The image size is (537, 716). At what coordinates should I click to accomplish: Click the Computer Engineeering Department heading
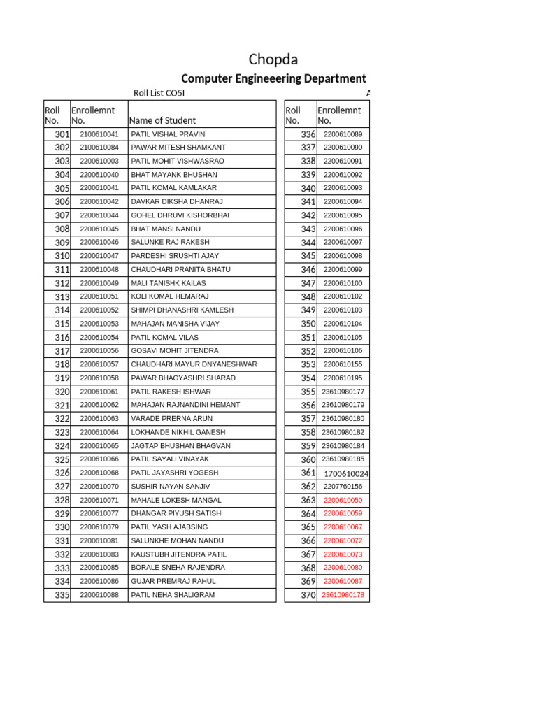point(273,79)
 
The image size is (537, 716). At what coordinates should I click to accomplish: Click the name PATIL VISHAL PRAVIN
point(168,134)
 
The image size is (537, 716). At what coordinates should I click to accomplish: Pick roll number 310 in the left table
point(62,256)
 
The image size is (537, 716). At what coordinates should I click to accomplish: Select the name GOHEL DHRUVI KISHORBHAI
point(180,215)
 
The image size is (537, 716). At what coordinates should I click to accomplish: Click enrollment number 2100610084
point(99,148)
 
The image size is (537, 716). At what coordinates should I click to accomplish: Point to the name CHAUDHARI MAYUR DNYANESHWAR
point(194,364)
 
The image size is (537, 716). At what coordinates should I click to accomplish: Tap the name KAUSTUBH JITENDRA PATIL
point(179,554)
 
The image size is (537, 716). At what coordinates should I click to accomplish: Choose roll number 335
point(62,595)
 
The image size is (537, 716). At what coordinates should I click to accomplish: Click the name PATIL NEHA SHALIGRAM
point(173,595)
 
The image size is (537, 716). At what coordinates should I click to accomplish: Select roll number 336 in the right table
point(308,134)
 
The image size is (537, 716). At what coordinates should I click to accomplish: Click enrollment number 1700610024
point(346,473)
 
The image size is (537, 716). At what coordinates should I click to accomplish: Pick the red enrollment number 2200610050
point(343,501)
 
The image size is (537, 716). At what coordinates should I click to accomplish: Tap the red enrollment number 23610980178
point(343,595)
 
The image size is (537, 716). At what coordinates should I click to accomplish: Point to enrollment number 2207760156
point(343,487)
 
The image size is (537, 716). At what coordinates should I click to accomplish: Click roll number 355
point(308,392)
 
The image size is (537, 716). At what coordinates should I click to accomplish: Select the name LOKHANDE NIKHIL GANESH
point(178,432)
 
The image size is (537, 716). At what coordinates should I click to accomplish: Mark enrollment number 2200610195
point(343,378)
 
